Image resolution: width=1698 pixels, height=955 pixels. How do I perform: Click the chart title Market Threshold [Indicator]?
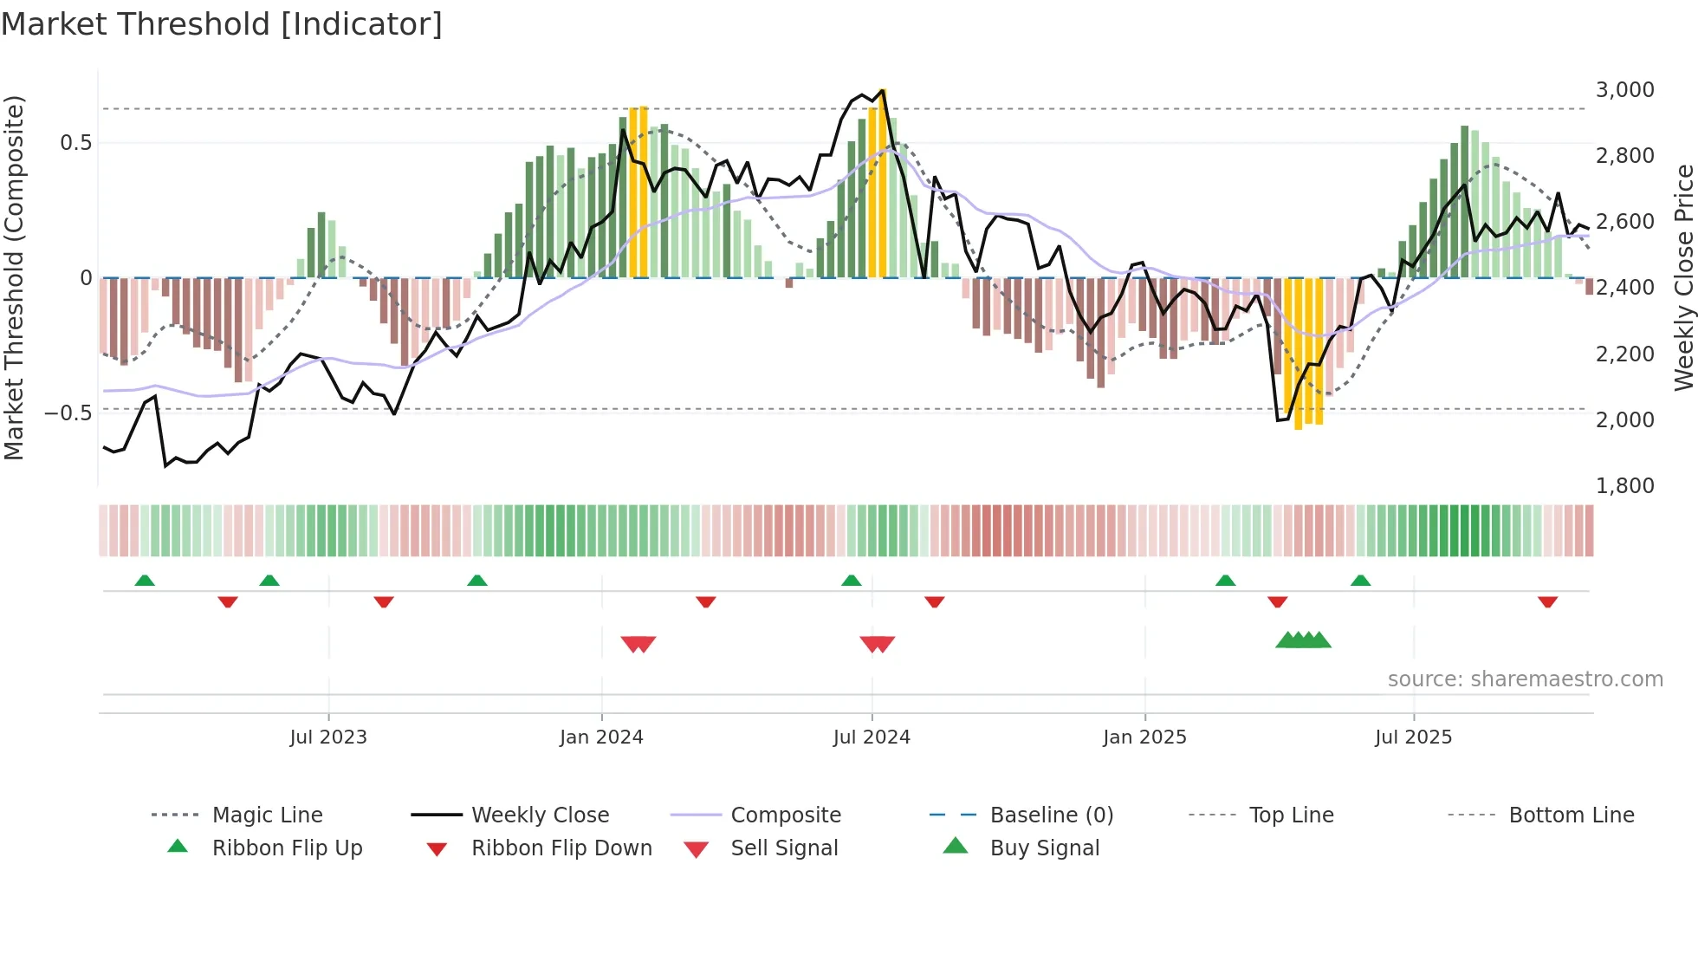[222, 24]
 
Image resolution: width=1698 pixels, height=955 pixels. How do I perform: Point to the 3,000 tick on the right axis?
[1624, 90]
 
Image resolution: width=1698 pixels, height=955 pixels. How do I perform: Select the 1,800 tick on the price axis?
[1624, 486]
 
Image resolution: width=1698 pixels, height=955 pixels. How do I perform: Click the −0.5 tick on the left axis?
[68, 413]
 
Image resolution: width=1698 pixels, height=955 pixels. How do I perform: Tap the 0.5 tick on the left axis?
[75, 143]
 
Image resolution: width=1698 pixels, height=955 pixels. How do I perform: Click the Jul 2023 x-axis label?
[328, 737]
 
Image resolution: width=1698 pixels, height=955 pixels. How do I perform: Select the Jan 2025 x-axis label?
[1144, 737]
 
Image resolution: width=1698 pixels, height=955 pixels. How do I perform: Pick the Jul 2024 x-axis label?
[872, 737]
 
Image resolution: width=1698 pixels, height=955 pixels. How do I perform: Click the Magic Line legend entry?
[267, 815]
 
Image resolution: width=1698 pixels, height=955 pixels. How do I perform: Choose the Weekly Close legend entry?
[540, 815]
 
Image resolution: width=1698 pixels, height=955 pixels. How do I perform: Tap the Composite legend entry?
[785, 815]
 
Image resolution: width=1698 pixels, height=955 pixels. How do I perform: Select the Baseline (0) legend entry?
[1051, 815]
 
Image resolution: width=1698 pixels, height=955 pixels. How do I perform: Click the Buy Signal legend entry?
[1044, 848]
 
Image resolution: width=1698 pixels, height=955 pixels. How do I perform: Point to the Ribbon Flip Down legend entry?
[561, 848]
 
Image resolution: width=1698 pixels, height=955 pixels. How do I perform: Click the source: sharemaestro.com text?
[1525, 679]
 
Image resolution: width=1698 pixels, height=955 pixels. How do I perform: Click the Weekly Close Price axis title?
[1683, 277]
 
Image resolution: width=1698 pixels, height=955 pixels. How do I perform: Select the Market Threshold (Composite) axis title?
[15, 277]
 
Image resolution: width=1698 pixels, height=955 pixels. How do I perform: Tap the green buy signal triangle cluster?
[1303, 640]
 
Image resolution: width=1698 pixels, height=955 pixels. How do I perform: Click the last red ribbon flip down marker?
[1547, 601]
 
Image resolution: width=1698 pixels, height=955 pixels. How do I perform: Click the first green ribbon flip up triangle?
[145, 581]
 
